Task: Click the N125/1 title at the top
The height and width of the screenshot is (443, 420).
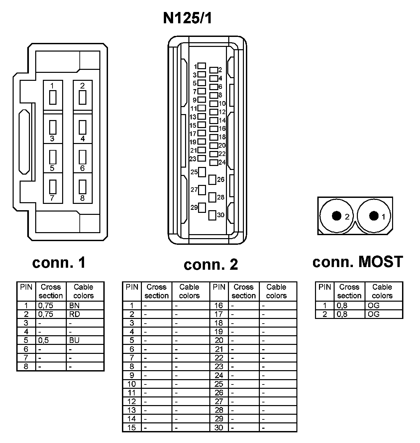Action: point(187,19)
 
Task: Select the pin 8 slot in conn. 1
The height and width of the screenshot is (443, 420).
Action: point(83,187)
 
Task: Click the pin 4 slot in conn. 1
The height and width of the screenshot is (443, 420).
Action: point(83,127)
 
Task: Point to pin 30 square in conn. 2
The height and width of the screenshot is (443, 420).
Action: point(212,215)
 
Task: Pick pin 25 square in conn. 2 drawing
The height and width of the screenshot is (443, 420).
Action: point(202,172)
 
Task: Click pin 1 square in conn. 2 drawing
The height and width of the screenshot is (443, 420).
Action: point(202,66)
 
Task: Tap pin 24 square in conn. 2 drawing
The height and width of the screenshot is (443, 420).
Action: point(214,162)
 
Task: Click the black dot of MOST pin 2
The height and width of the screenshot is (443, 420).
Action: point(337,216)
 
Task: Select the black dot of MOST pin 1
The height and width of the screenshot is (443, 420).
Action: point(374,216)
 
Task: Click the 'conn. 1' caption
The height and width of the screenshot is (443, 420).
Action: point(59,263)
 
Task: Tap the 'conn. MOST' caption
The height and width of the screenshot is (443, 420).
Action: point(358,262)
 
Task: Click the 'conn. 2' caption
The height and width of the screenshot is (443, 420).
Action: point(211,265)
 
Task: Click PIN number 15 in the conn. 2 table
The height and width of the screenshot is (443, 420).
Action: point(132,427)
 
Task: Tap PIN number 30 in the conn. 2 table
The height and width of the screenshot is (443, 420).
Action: point(219,427)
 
